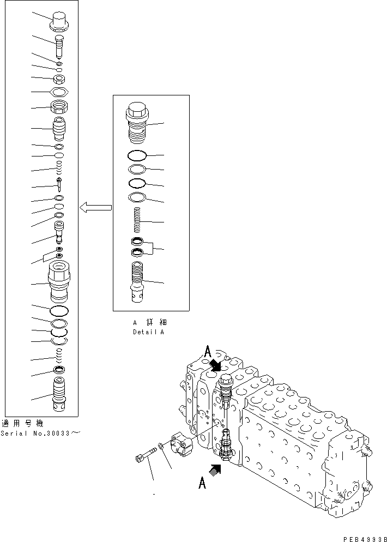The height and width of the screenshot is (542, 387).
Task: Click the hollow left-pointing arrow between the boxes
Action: [95, 207]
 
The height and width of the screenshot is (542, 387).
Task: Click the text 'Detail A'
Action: [148, 332]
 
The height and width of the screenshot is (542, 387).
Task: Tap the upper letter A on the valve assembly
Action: [207, 352]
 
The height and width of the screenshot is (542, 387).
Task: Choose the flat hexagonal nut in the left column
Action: [58, 92]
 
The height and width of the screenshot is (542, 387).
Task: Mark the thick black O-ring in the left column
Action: [58, 311]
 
